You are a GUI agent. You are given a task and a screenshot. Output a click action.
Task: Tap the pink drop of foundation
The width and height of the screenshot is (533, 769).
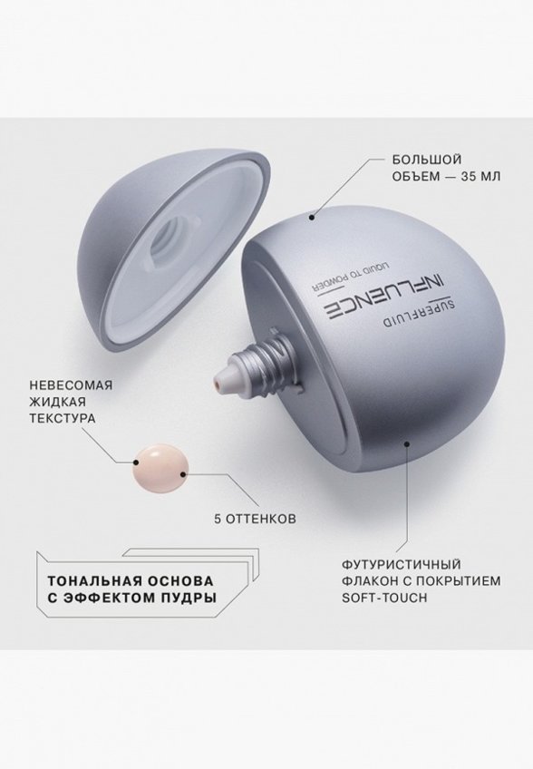[160, 464]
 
